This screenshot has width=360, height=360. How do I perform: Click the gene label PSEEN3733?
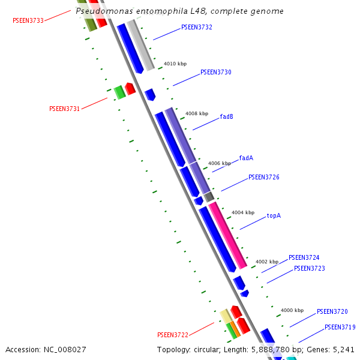coord(28,20)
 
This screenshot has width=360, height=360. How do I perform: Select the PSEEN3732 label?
coord(197,28)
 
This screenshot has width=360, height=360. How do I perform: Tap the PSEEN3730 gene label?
coord(216,72)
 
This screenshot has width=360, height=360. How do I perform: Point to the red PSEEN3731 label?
coord(64,109)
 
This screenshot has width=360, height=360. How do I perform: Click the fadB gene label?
coord(227,116)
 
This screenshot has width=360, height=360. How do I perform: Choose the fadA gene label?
coord(246,158)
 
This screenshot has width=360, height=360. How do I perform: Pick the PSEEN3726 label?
coord(264,178)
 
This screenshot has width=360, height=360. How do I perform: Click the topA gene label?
coord(274,215)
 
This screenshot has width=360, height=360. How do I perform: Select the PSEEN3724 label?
coord(304,258)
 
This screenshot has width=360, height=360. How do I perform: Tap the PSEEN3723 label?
coord(310,269)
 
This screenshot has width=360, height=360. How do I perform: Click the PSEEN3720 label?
coord(332,312)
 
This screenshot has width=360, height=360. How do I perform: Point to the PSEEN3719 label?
coord(340,328)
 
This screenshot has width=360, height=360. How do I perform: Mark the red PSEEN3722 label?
coord(173,335)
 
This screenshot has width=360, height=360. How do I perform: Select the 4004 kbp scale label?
coord(243,212)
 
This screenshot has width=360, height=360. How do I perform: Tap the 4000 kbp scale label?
coord(292,310)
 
